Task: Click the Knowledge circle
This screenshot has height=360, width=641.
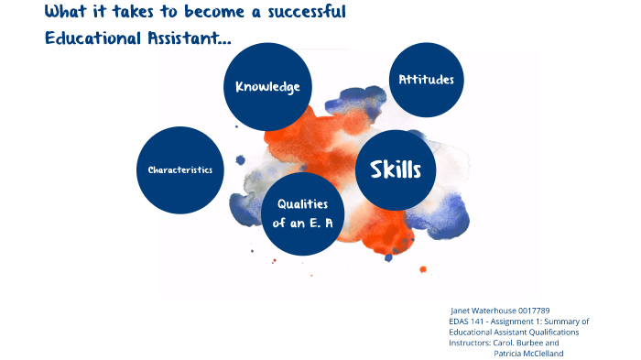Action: [x=267, y=87]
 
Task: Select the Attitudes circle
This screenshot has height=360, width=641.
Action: [x=426, y=80]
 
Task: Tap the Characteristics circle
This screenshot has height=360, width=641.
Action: [x=179, y=169]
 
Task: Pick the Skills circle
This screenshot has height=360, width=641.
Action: [x=395, y=169]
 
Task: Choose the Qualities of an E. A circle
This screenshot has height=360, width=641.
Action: [x=302, y=213]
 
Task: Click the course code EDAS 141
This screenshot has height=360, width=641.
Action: [x=469, y=322]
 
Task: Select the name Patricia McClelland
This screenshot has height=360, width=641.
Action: [x=528, y=354]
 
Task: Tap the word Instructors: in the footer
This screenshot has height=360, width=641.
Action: [x=470, y=343]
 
